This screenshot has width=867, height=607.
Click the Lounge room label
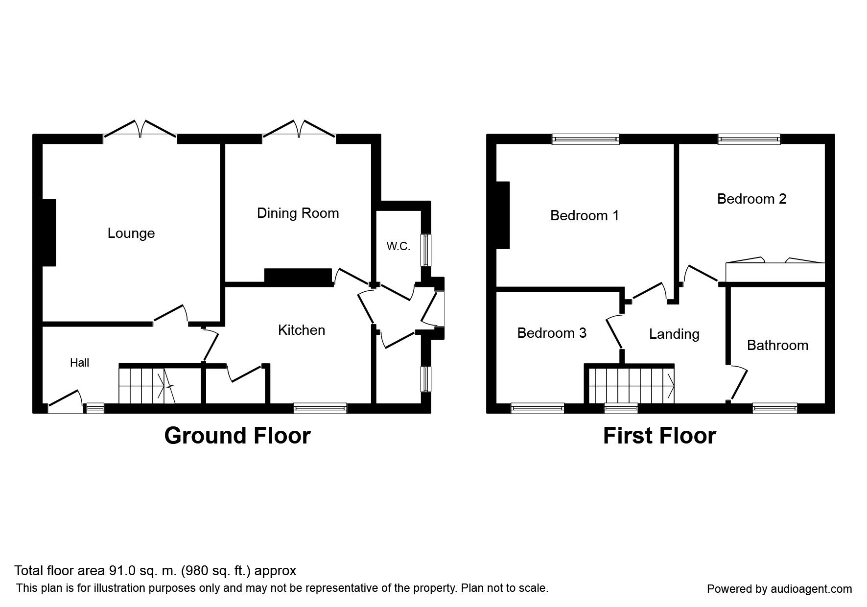click(131, 233)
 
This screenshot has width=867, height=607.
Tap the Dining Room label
click(298, 213)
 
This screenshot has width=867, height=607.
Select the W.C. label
click(398, 247)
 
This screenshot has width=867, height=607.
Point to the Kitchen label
click(301, 330)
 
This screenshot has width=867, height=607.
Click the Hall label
click(79, 363)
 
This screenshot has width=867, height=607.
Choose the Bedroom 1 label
click(585, 215)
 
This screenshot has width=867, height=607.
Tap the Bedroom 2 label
click(751, 199)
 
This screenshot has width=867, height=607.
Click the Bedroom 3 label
click(551, 333)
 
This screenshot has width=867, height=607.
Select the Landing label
click(674, 334)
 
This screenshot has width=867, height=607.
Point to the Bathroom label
click(777, 346)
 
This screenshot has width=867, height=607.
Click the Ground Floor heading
click(237, 435)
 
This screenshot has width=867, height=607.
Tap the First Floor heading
click(659, 435)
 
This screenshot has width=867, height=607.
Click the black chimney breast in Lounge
click(49, 232)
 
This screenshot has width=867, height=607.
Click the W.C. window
click(426, 250)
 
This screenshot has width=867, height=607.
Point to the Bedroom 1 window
click(586, 140)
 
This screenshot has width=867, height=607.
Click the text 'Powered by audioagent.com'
click(779, 589)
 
